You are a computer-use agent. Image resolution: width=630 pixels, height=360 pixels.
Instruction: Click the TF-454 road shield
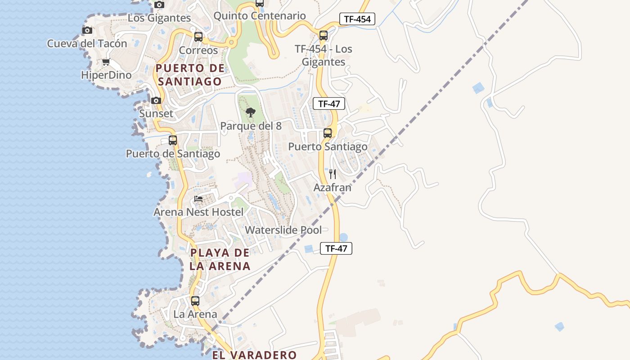coord(357,19)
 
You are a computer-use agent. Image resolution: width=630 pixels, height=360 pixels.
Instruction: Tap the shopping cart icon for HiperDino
coord(106,62)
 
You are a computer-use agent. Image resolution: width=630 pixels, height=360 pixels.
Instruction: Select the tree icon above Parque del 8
coord(251,112)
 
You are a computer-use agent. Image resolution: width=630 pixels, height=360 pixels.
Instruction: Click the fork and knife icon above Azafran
coord(333,174)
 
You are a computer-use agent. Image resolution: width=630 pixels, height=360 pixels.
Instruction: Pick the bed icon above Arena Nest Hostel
coord(198,199)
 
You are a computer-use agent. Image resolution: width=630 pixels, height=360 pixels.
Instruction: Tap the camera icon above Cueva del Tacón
coord(87,31)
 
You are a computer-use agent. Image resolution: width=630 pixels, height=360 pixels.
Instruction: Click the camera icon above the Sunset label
coord(156,100)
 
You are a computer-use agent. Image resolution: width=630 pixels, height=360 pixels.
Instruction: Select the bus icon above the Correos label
coord(198,37)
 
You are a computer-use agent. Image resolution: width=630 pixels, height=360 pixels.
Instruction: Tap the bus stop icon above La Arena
coord(195,301)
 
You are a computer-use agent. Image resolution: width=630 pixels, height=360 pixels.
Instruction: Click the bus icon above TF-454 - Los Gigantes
coord(323,36)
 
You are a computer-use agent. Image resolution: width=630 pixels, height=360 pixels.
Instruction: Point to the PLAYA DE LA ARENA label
coord(220,259)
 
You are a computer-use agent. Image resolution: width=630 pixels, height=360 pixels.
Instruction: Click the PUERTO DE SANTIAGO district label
coord(189,75)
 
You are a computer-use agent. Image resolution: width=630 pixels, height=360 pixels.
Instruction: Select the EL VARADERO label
coord(254,355)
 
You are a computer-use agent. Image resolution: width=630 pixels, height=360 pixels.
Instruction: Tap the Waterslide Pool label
coord(283,230)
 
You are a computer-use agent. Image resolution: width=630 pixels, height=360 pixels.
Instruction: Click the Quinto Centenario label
coord(260,16)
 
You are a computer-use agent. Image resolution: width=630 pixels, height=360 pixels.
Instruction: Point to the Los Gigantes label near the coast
coord(159,18)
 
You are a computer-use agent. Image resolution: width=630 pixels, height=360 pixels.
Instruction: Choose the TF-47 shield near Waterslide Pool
coord(336,248)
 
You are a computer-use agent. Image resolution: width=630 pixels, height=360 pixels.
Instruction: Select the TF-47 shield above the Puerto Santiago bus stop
coord(329,104)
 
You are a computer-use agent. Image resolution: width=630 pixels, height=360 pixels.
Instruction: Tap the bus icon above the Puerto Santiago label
coord(328,133)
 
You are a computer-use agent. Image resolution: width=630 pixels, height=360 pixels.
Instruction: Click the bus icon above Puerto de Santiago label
coord(173,140)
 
